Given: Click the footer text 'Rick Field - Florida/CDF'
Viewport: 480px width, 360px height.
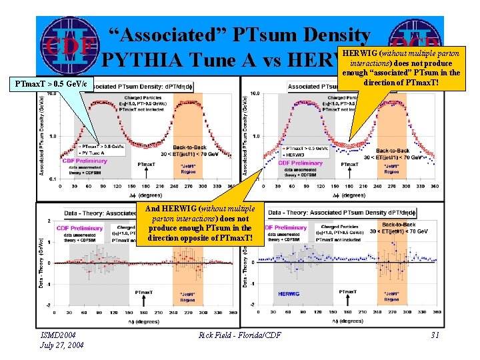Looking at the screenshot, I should tap(239, 335).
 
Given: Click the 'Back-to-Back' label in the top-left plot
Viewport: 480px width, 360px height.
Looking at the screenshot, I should tap(189, 147).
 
